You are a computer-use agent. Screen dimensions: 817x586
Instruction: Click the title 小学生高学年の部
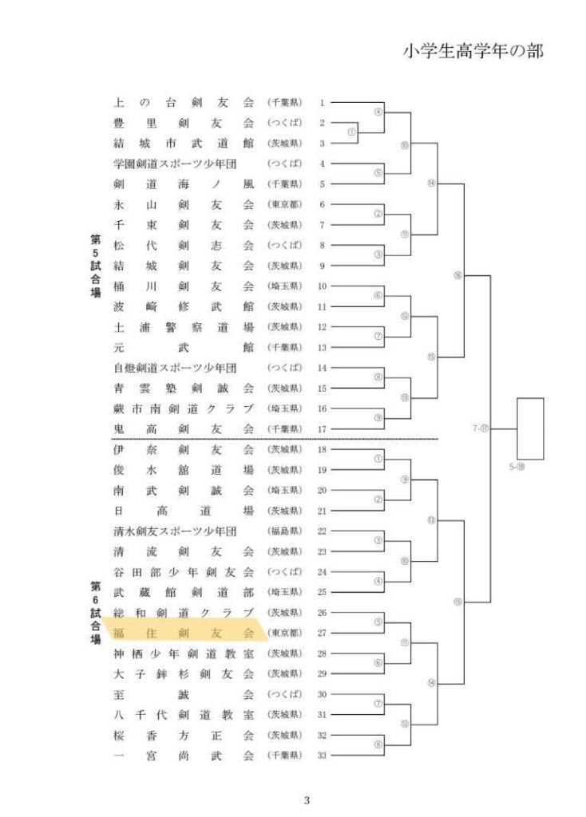point(473,51)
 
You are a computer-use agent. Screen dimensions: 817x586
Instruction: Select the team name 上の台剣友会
point(184,103)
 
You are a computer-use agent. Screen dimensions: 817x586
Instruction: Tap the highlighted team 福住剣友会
point(184,633)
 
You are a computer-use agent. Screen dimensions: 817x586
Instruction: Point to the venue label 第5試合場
point(95,265)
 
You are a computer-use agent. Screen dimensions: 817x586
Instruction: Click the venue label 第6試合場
point(95,613)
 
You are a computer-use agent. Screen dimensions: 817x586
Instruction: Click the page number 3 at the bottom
point(307,800)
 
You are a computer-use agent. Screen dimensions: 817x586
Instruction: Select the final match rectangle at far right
point(530,427)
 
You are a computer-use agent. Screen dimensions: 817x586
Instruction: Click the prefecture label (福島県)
point(284,531)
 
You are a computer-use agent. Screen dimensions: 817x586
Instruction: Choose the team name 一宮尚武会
point(184,756)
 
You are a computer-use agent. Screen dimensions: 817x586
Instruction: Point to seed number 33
point(322,756)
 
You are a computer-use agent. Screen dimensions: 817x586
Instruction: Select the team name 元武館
point(184,347)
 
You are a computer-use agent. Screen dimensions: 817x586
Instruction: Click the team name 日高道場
point(184,511)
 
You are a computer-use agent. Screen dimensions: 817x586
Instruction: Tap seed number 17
point(322,429)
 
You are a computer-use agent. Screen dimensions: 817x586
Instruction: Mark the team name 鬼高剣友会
point(184,429)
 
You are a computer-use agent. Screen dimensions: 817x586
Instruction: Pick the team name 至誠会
point(184,694)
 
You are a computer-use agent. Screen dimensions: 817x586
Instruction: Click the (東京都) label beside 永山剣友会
point(284,205)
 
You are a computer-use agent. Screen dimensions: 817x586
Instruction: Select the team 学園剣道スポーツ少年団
point(176,164)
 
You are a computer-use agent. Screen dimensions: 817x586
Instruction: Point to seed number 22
point(322,531)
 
